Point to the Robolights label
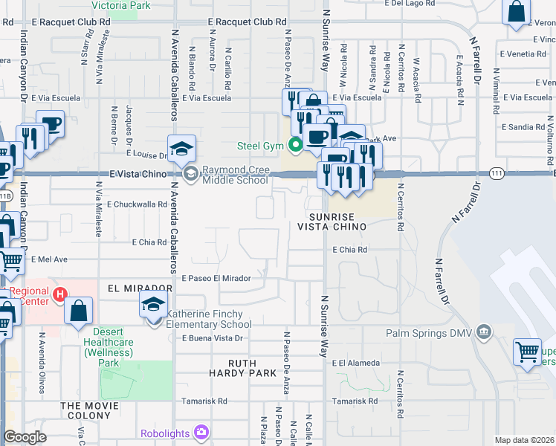pyautogui.click(x=166, y=433)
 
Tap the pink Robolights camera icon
pyautogui.click(x=201, y=432)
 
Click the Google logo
pyautogui.click(x=25, y=437)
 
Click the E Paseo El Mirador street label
pyautogui.click(x=222, y=278)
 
